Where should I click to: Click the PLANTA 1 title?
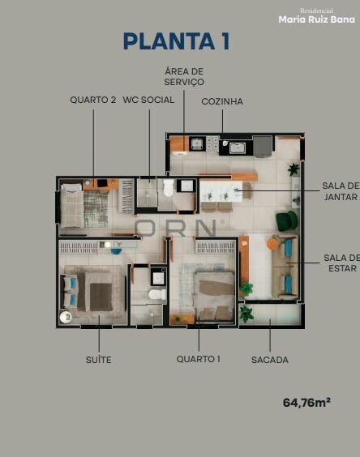click(x=177, y=41)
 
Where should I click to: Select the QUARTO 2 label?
click(x=93, y=100)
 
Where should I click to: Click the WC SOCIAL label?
click(x=148, y=100)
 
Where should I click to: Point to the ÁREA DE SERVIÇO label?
click(x=184, y=76)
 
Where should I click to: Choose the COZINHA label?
click(x=222, y=101)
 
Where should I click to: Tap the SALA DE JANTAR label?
click(x=341, y=191)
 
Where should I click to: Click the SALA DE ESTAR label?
click(x=341, y=263)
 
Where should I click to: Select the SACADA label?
click(x=270, y=360)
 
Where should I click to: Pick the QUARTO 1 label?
click(x=199, y=359)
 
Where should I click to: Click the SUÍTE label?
click(x=99, y=360)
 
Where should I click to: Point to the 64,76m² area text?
click(x=306, y=403)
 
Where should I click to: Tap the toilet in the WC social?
click(x=169, y=187)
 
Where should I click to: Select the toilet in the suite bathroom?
click(x=157, y=294)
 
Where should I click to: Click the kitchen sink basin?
click(x=237, y=147)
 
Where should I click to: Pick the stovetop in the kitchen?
click(x=212, y=144)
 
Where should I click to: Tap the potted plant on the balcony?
click(x=246, y=314)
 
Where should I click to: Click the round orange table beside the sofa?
click(x=272, y=243)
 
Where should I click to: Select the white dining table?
click(x=221, y=191)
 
